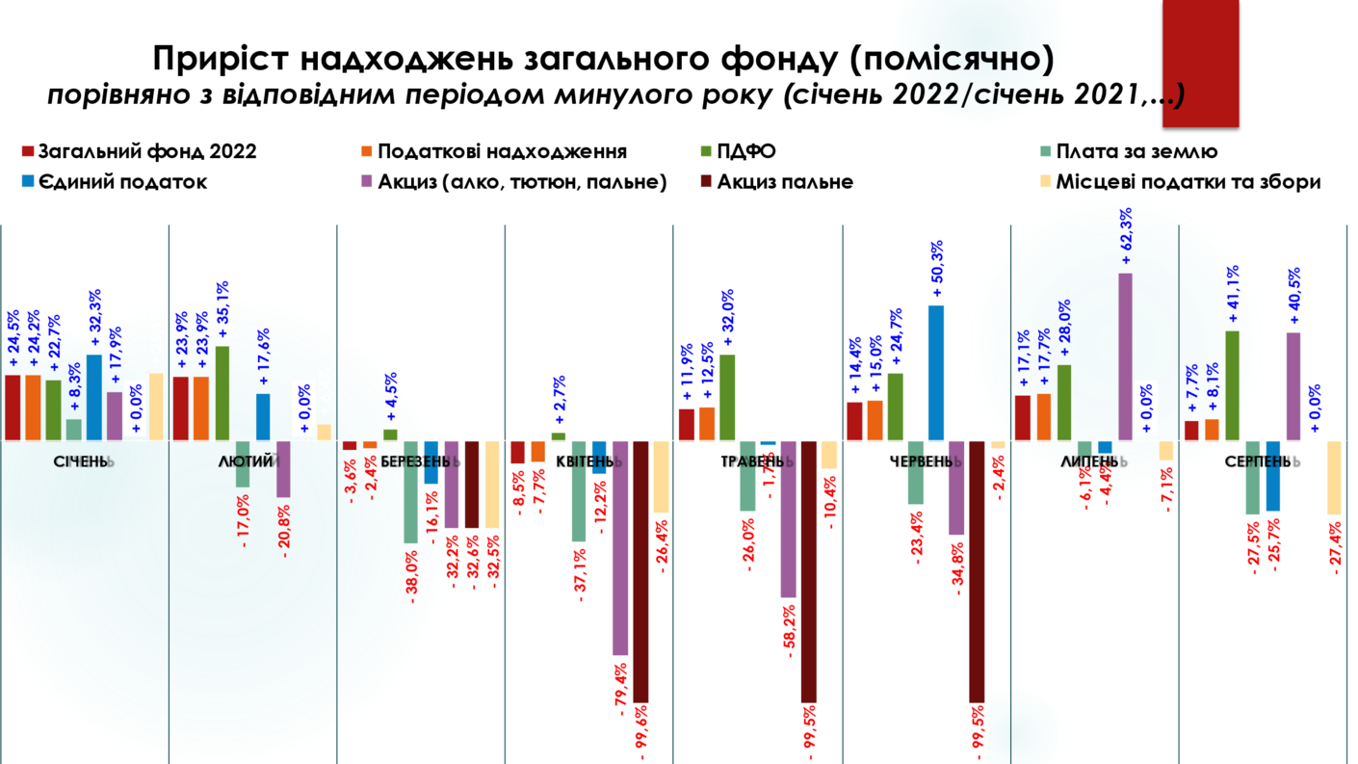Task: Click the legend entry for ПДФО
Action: [x=747, y=151]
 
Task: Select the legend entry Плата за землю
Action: [x=1136, y=151]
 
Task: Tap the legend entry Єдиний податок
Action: [x=122, y=181]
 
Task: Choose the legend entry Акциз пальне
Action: [x=785, y=181]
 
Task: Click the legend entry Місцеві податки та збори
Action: [x=1187, y=181]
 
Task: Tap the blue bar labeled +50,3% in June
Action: [x=936, y=373]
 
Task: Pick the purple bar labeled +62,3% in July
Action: [x=1125, y=356]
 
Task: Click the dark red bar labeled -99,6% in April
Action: [x=640, y=571]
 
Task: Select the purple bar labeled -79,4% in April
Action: [x=620, y=547]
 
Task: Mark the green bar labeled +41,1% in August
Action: [x=1233, y=385]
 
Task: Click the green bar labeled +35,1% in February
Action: [x=222, y=393]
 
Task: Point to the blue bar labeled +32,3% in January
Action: [x=94, y=397]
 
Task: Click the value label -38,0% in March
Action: [x=413, y=576]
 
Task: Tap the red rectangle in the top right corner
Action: [x=1200, y=63]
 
